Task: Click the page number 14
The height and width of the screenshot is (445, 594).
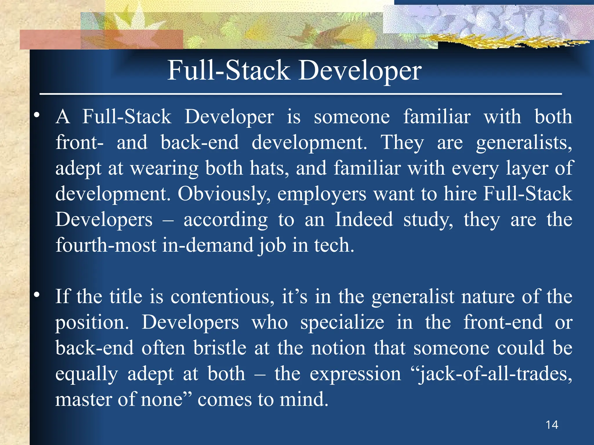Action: tap(552, 425)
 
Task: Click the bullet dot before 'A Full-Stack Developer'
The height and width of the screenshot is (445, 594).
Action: tap(37, 115)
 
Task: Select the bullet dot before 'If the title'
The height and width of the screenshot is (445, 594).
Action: tap(37, 295)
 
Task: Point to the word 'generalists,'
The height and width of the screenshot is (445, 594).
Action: tap(524, 143)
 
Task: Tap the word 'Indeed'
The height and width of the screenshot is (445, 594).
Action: tap(364, 219)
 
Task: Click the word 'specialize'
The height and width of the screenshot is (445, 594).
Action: tap(342, 322)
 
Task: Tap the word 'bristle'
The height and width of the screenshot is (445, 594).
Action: tap(220, 348)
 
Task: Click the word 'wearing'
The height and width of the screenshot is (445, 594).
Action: tap(164, 168)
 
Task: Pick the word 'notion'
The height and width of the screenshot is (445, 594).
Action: tap(338, 348)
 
